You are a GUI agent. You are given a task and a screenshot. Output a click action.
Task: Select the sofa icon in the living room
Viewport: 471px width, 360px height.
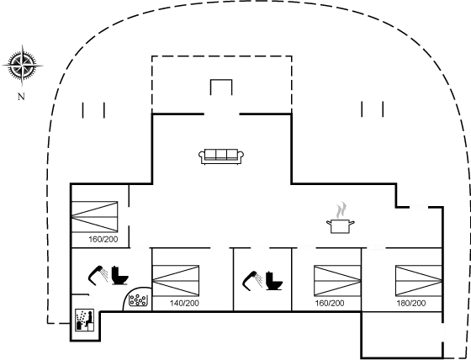pos(221,156)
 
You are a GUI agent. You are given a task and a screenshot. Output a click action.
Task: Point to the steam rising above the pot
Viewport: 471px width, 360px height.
pos(341,208)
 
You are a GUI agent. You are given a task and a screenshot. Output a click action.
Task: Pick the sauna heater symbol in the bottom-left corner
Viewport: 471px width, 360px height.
pos(84,320)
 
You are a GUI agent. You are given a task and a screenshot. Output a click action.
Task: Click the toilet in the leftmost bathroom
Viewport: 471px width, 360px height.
pos(119,275)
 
